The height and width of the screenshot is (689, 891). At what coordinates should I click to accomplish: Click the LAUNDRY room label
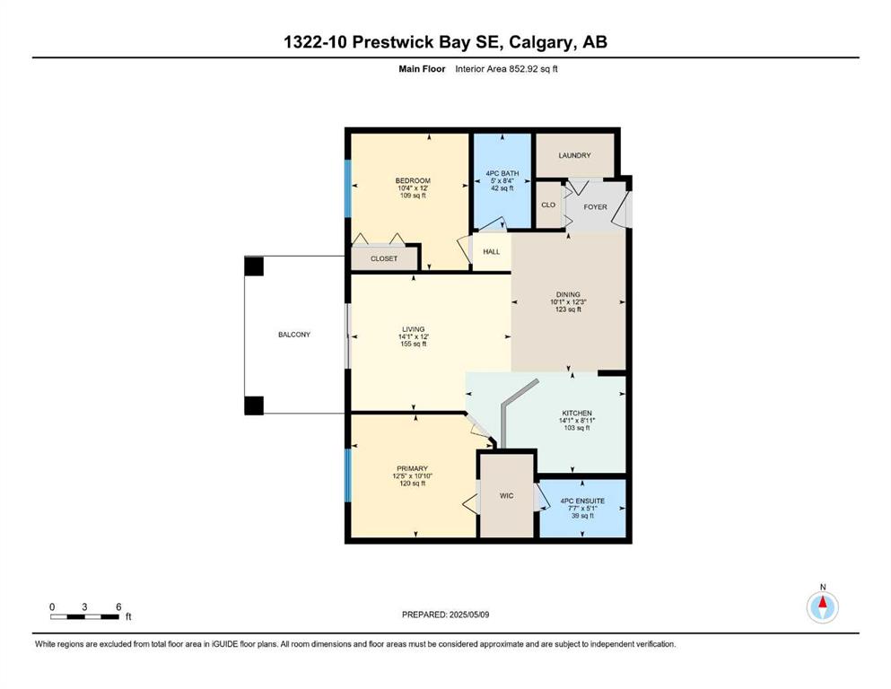[x=574, y=155]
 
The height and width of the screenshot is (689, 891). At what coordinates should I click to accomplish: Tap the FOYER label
[x=595, y=206]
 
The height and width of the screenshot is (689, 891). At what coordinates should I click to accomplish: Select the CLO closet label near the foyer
[x=548, y=205]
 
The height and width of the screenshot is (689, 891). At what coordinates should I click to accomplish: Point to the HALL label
[x=492, y=251]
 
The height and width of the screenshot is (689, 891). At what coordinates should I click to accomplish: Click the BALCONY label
[x=294, y=335]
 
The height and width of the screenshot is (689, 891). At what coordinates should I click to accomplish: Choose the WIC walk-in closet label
[x=506, y=496]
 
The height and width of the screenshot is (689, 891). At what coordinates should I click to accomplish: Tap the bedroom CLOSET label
[x=384, y=258]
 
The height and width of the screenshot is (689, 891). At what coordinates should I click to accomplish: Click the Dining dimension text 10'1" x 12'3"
[x=568, y=302]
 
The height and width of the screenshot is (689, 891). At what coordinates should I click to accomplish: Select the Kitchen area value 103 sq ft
[x=577, y=428]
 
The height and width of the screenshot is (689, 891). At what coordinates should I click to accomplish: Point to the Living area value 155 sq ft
[x=413, y=344]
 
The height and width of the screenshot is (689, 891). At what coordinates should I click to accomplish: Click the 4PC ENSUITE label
[x=582, y=501]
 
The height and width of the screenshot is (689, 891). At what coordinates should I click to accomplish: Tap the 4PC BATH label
[x=502, y=173]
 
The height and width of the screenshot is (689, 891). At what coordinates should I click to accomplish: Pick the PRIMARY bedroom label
[x=413, y=468]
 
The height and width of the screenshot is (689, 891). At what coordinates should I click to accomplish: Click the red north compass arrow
[x=823, y=602]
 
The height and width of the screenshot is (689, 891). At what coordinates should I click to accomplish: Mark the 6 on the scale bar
[x=118, y=606]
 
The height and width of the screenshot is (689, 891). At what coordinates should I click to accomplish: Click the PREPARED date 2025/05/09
[x=468, y=615]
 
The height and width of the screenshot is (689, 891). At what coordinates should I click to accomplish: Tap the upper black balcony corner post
[x=254, y=266]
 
